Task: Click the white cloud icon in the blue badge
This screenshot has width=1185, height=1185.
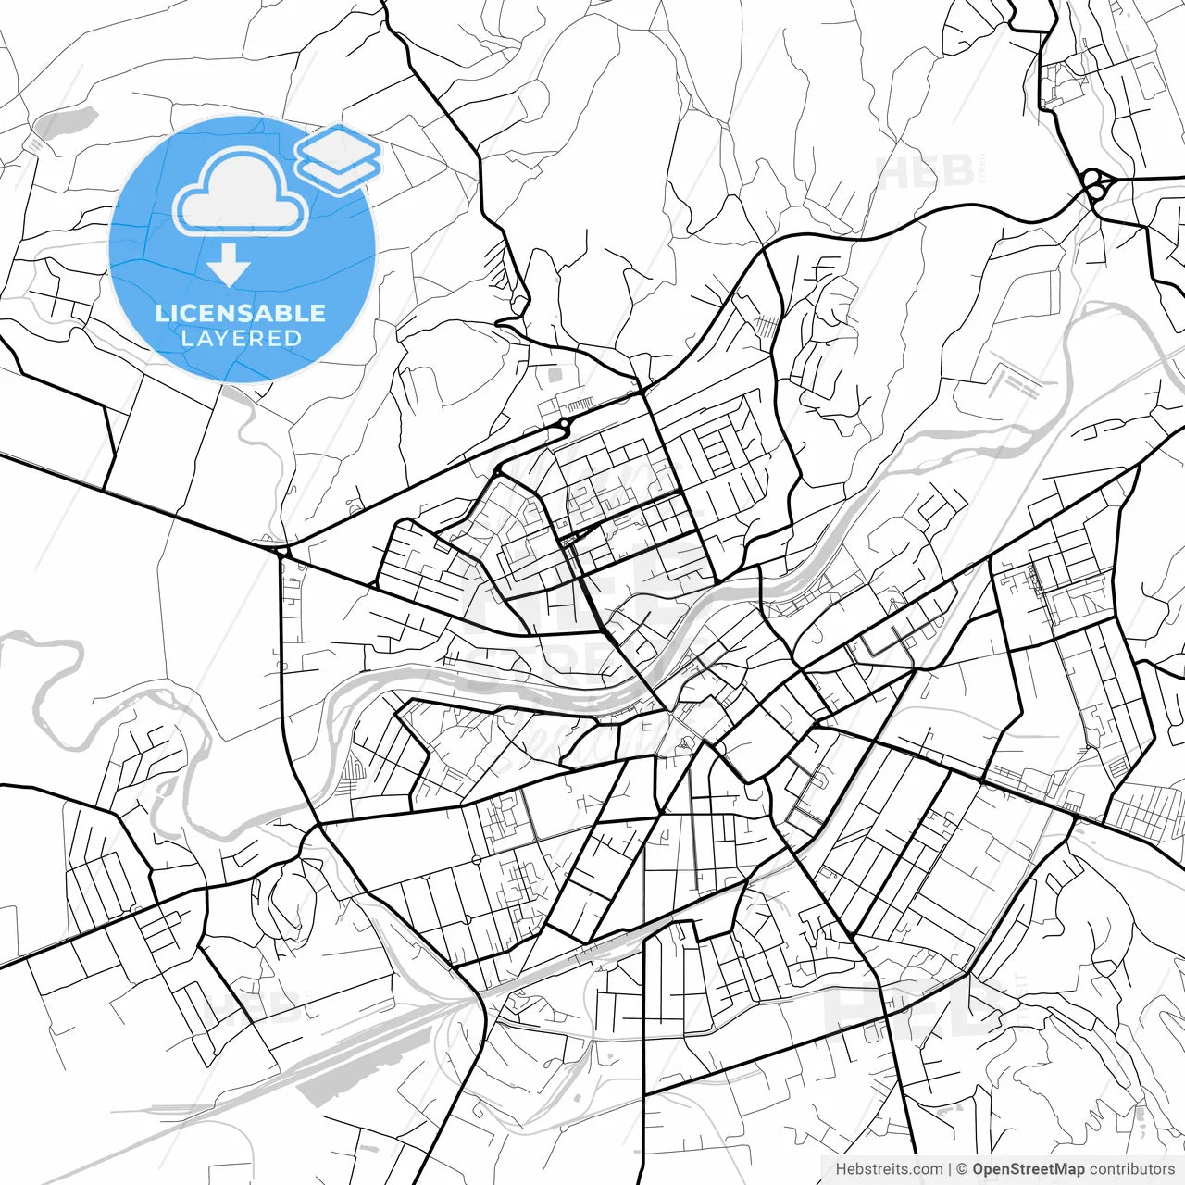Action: coord(241,193)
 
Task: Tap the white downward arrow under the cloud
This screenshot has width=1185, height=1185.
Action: coord(229,266)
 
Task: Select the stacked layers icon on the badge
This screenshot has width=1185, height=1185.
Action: coord(339,157)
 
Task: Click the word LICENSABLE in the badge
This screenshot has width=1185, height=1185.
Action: coord(241,313)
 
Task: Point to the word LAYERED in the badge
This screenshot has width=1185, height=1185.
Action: coord(241,338)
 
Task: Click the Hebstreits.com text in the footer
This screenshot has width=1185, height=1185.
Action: coord(889,1169)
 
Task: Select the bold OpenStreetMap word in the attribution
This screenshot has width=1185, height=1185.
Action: coord(1028,1169)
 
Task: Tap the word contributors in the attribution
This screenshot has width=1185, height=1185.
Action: coord(1131,1169)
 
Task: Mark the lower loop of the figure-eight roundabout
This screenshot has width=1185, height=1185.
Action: coord(1099,193)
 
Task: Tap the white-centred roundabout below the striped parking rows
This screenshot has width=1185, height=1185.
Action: coord(564,424)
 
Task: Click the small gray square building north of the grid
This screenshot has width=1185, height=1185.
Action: coord(555,376)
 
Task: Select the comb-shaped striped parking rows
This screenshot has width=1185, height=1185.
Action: coord(578,405)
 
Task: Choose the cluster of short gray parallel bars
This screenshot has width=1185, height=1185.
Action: coord(1017,383)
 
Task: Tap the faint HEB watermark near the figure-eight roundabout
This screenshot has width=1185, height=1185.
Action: coord(926,171)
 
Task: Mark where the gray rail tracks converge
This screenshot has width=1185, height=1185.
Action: coord(463,1000)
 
